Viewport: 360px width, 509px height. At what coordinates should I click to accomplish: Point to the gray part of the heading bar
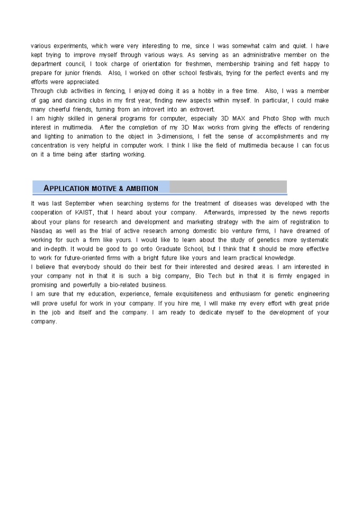[x=228, y=187]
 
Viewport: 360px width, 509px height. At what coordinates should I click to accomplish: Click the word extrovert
[x=199, y=109]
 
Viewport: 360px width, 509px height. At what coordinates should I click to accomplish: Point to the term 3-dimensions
[x=174, y=137]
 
